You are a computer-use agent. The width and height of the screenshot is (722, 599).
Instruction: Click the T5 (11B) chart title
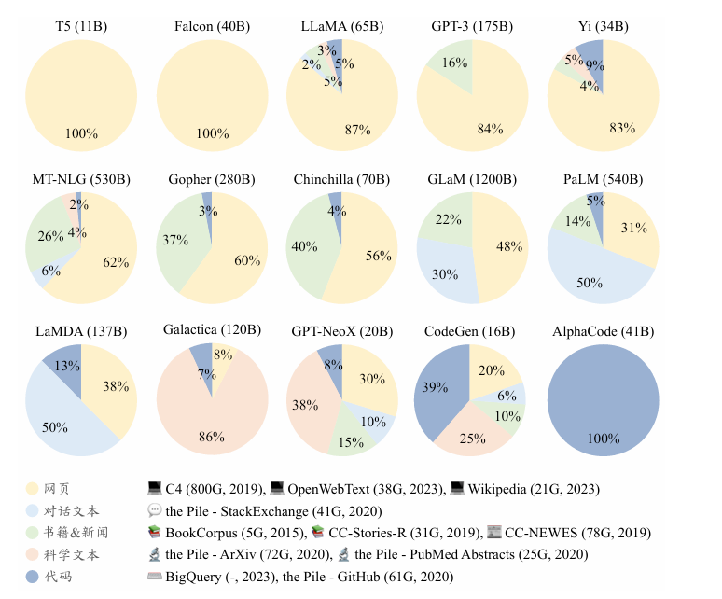click(81, 26)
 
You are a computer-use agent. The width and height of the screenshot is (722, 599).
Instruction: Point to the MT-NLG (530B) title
click(80, 178)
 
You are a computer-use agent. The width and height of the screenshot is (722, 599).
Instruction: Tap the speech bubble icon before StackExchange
click(155, 510)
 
